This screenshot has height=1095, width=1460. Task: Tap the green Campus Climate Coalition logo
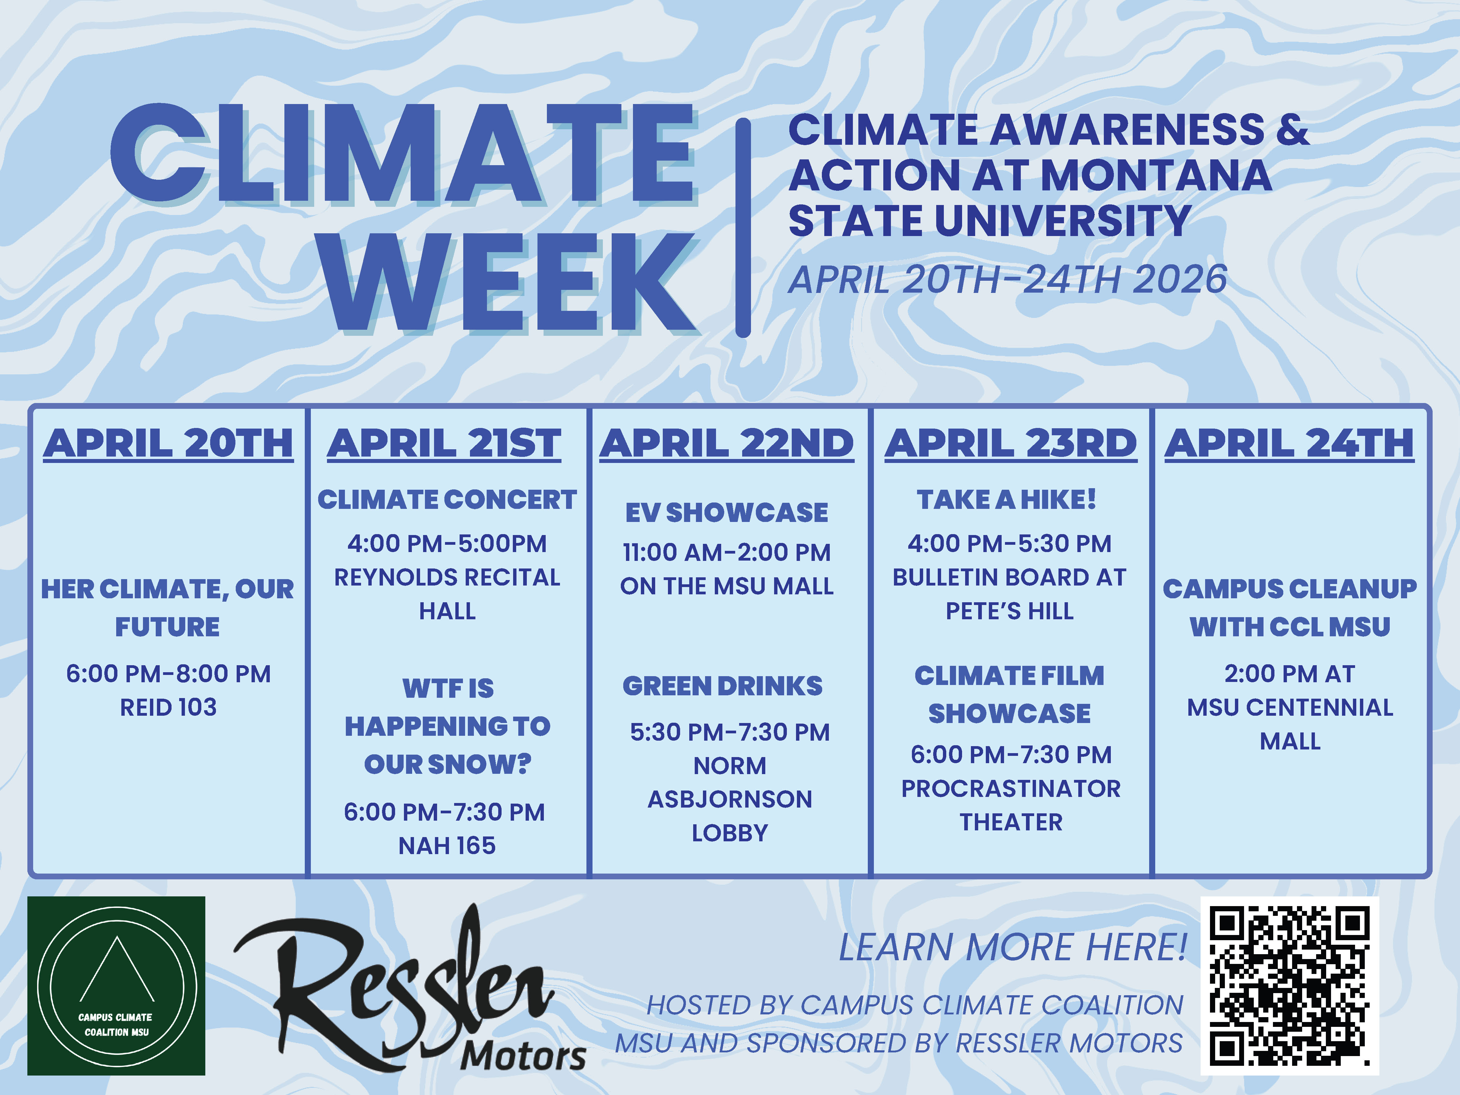point(116,985)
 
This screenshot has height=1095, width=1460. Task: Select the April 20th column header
point(168,443)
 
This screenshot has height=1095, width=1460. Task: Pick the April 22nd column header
point(727,443)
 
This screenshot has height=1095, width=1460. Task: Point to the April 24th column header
point(1289,443)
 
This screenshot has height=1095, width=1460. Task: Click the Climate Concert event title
point(447,500)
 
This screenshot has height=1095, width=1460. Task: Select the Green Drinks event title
point(723,687)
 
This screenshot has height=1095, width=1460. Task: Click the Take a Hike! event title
point(1006,500)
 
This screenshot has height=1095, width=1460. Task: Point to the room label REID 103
point(168,707)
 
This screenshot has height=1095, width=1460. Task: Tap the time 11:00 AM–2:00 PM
point(727,552)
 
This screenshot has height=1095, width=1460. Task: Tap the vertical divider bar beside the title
point(743,228)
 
